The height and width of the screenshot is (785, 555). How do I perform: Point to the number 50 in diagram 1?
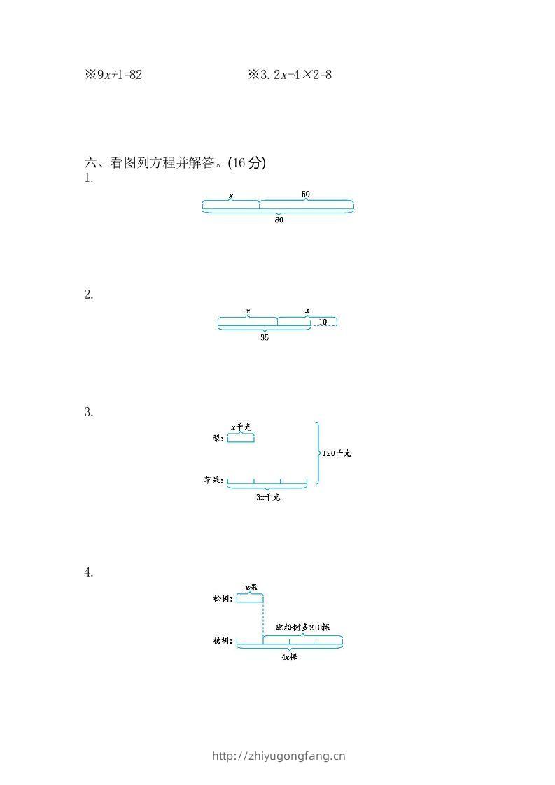click(306, 195)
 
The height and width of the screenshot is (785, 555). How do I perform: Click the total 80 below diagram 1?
click(279, 220)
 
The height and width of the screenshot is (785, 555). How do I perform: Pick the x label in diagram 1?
click(231, 195)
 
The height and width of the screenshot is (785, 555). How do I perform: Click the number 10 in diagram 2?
click(323, 322)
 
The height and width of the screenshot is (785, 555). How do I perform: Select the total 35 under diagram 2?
click(265, 337)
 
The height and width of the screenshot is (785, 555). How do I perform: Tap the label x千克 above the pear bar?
click(241, 427)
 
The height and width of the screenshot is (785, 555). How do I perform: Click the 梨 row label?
click(218, 439)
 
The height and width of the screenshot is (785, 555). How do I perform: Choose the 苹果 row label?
click(213, 481)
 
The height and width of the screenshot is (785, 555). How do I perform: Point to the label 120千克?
click(337, 453)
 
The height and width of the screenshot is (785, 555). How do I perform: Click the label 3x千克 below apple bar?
click(268, 497)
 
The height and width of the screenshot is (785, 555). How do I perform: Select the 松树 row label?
click(223, 598)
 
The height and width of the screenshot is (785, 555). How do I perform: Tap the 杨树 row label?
click(223, 640)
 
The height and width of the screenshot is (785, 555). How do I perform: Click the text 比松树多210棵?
click(303, 628)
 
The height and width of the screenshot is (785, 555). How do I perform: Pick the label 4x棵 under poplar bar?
click(289, 657)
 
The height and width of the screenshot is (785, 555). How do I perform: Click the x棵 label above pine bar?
click(251, 587)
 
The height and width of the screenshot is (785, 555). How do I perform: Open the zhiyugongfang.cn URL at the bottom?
click(279, 756)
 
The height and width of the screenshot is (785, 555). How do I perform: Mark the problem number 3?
click(89, 412)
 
